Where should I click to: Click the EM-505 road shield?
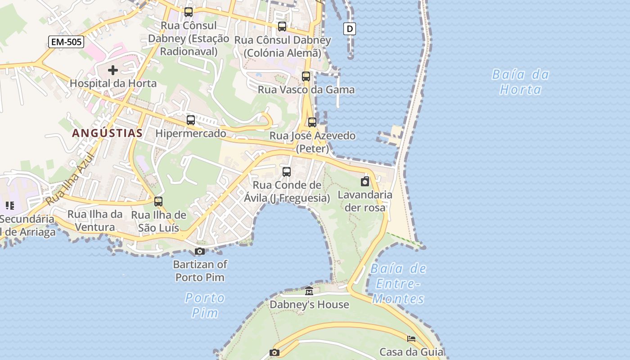(66, 42)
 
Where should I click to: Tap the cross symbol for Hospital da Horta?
(113, 70)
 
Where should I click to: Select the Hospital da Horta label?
(113, 83)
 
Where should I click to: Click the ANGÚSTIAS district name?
(107, 133)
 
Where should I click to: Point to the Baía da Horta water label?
(521, 82)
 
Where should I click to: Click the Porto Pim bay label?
(205, 305)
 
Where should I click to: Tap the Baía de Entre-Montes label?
(398, 284)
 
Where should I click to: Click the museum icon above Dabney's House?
(309, 292)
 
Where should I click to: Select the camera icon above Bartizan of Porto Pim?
(200, 251)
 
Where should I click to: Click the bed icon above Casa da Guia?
(411, 339)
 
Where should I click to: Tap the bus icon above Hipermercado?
(191, 120)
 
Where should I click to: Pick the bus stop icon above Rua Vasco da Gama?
(306, 76)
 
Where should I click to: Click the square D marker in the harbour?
(350, 29)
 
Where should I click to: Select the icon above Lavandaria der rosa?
(365, 182)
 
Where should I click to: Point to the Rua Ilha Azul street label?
(69, 180)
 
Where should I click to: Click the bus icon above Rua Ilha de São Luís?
(158, 202)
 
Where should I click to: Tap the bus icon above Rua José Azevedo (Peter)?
(312, 122)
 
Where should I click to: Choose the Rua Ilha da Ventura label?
(95, 220)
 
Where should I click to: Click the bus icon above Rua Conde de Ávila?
(287, 171)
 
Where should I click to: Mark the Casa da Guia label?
(411, 352)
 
